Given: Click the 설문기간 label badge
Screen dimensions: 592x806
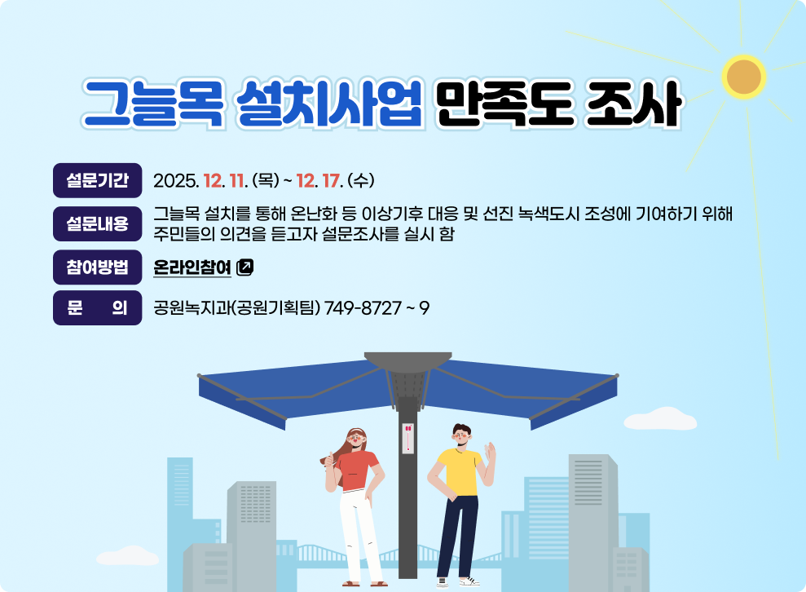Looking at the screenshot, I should tap(97, 181).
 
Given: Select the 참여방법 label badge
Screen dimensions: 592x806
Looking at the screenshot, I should tap(97, 267).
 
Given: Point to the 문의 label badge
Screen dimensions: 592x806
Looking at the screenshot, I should tap(97, 308).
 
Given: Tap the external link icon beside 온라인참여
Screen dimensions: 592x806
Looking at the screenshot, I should tap(245, 267).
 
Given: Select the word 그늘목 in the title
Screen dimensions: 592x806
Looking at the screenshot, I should tap(153, 104).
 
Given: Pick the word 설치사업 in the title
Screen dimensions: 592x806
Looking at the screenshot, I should tap(328, 104).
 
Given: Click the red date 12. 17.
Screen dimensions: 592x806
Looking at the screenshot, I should tap(319, 180).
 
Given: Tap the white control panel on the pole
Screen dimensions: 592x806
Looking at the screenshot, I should tap(407, 439).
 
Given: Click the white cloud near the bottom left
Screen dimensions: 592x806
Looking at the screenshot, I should tap(127, 557).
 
